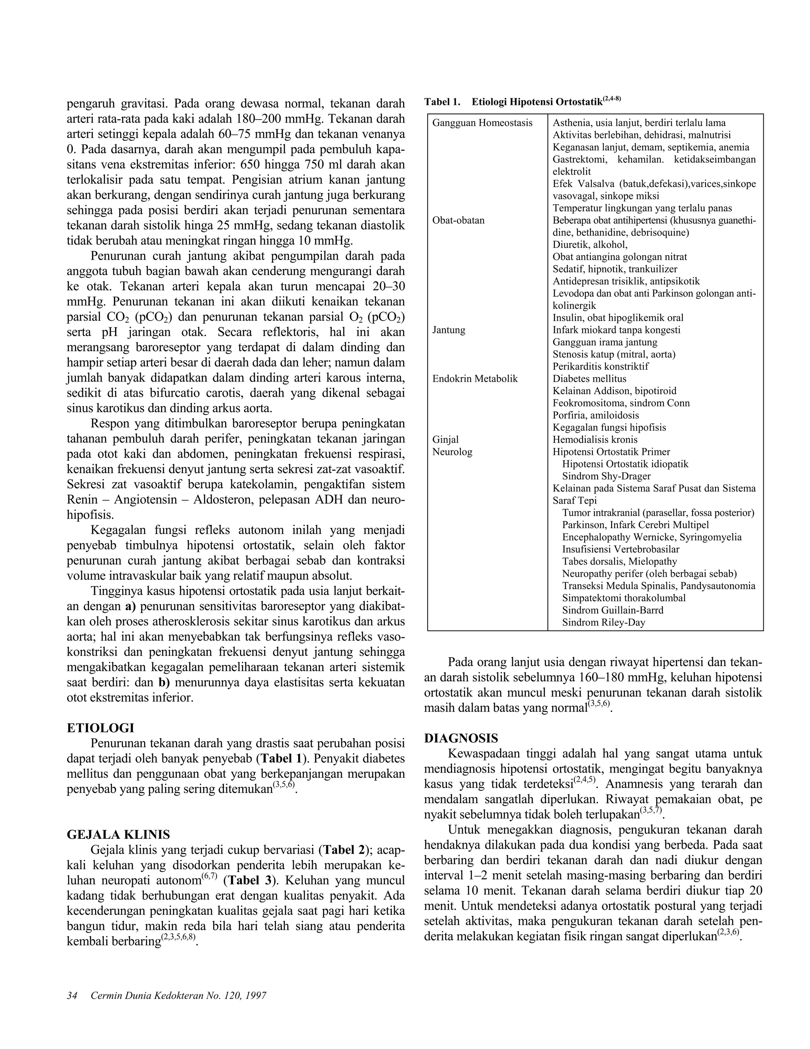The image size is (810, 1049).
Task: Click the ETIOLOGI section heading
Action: click(x=100, y=728)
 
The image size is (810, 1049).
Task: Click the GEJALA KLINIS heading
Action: click(x=118, y=834)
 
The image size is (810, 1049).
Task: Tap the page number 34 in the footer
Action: click(x=72, y=995)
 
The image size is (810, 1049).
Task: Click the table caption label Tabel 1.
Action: click(x=442, y=102)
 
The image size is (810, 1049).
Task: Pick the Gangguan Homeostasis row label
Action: click(x=482, y=123)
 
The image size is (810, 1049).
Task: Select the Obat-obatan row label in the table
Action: click(x=458, y=220)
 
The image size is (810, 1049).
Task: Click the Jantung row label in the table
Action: click(x=449, y=330)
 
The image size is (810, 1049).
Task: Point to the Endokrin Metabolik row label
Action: click(x=475, y=378)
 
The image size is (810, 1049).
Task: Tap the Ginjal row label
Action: click(x=445, y=439)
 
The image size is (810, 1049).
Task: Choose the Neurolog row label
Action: click(x=452, y=452)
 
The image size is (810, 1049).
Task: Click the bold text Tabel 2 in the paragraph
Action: click(x=344, y=850)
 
